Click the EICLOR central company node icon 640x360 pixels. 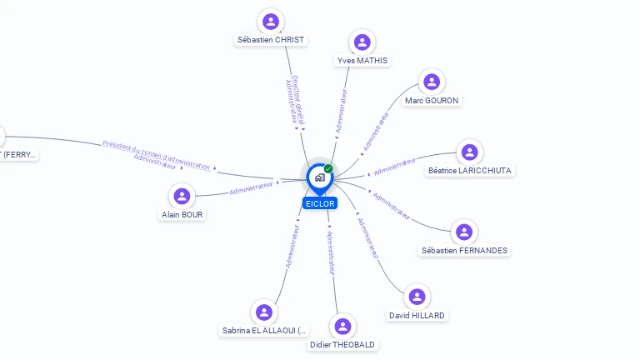[x=319, y=177]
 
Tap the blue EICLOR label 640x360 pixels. [x=319, y=203]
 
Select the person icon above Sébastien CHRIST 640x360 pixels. [x=270, y=22]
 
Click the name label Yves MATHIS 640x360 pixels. [x=362, y=61]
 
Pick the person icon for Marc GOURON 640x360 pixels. [x=431, y=82]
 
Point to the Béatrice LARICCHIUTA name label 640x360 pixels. [x=470, y=170]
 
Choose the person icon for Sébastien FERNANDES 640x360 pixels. [x=464, y=232]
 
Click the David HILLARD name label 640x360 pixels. [x=417, y=315]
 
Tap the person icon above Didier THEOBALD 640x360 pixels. [x=342, y=326]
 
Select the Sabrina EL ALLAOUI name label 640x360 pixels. [x=264, y=331]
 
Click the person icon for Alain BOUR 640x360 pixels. [x=182, y=197]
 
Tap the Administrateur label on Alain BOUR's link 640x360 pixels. [x=252, y=188]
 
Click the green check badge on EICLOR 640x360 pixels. [x=328, y=168]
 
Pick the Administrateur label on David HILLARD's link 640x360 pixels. [x=368, y=237]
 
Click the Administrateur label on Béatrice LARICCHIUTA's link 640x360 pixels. [x=396, y=167]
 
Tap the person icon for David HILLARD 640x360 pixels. [x=417, y=297]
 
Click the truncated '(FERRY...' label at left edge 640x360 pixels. [x=18, y=154]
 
